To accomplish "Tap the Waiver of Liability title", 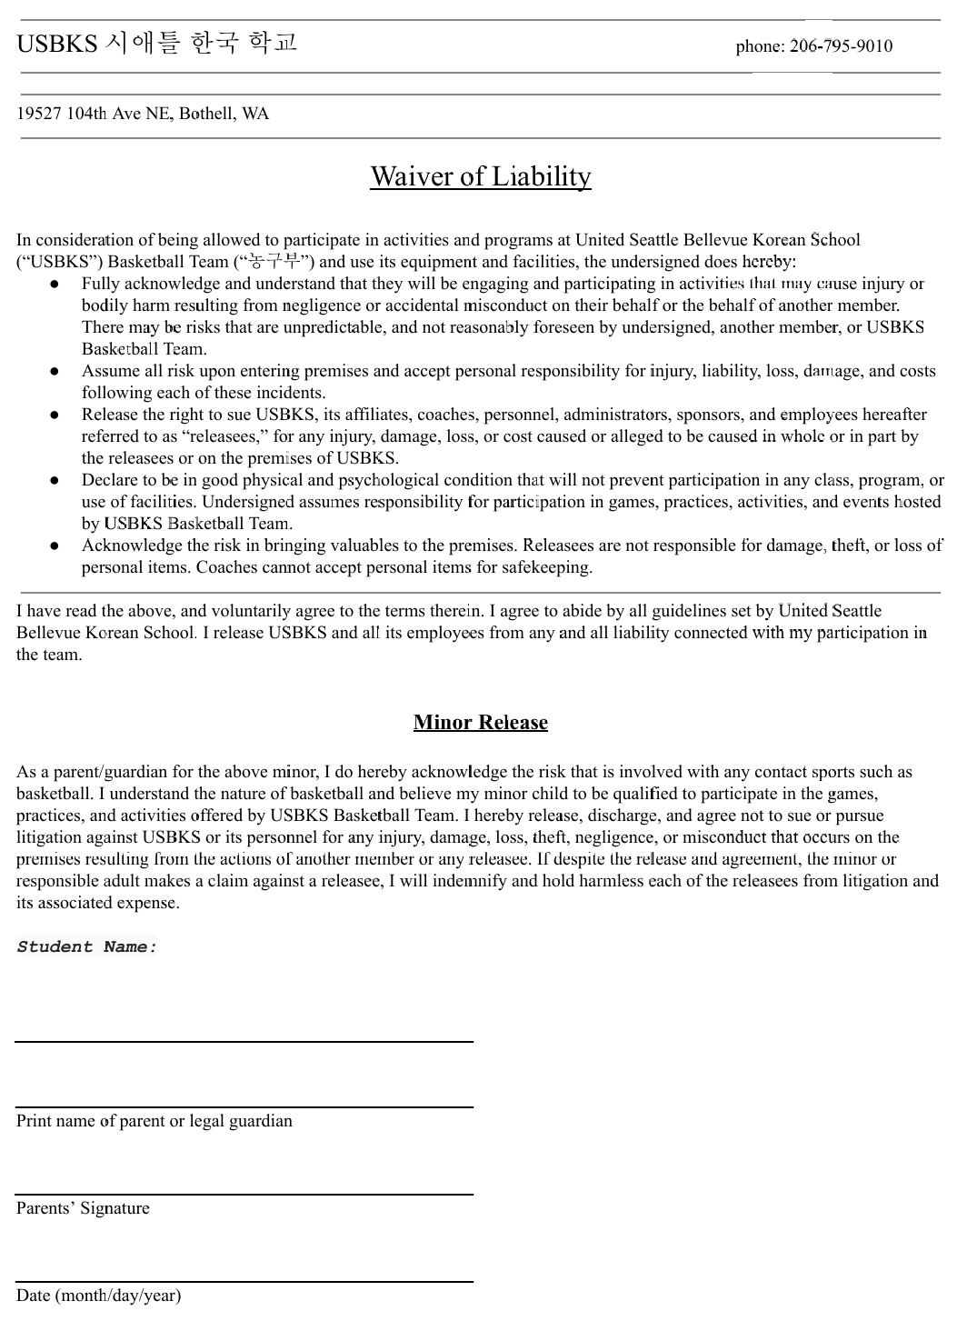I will click(480, 175).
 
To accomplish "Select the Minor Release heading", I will click(480, 723).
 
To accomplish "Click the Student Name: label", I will click(87, 947).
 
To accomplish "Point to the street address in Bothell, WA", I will click(143, 115).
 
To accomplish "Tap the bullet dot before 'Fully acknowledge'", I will click(55, 285).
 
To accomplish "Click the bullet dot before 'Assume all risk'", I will click(55, 372).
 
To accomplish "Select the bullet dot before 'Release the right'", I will click(55, 415).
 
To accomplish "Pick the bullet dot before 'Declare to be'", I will click(55, 481).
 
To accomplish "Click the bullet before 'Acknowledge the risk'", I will click(55, 546).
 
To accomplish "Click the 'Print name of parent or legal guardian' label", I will click(155, 1121).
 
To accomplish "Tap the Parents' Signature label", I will click(83, 1208).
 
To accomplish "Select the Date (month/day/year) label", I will click(98, 1296).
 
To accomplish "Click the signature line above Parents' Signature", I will click(244, 1194).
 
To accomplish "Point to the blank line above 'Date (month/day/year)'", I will click(244, 1281).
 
